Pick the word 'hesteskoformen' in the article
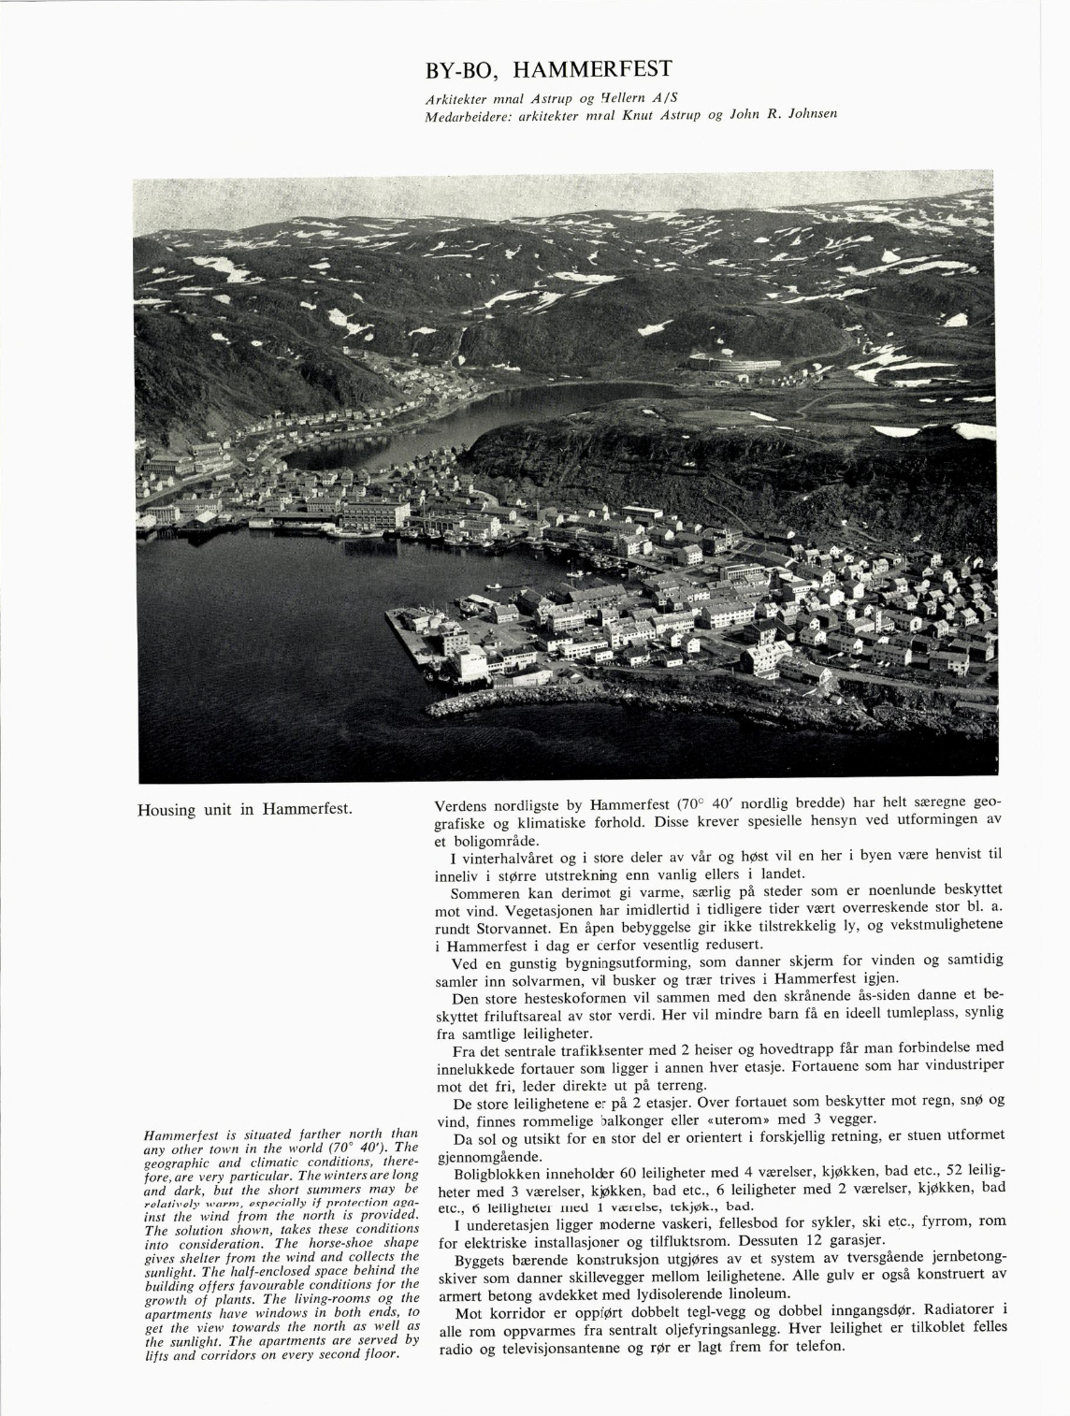[x=557, y=999]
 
